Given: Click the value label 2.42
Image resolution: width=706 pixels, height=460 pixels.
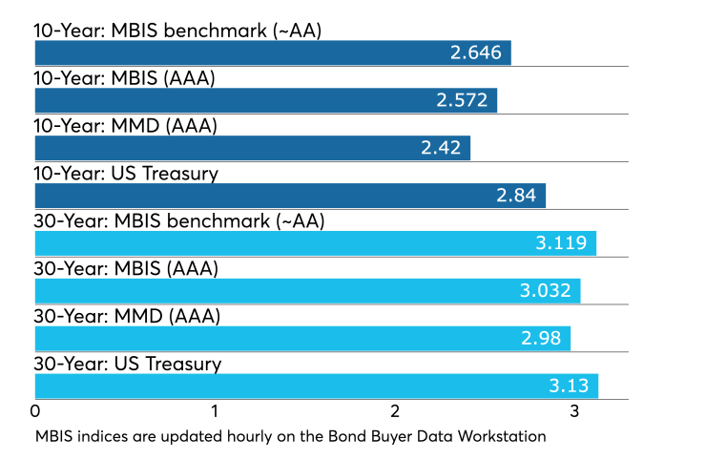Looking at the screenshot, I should [441, 148].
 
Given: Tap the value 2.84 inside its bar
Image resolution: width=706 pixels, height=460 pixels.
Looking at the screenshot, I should [516, 196].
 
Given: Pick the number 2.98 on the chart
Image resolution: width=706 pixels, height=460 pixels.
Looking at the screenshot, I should [541, 338].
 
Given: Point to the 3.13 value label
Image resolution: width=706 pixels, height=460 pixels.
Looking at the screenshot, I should [569, 386].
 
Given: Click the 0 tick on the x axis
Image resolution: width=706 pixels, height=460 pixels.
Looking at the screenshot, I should [35, 411].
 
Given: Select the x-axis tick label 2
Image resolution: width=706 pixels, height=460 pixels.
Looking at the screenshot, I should [395, 411].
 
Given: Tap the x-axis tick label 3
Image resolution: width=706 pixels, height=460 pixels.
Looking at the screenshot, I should [574, 411].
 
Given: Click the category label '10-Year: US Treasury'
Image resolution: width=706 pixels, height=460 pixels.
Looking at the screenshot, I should [127, 174].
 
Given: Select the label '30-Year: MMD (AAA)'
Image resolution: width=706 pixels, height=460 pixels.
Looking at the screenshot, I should [126, 317].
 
